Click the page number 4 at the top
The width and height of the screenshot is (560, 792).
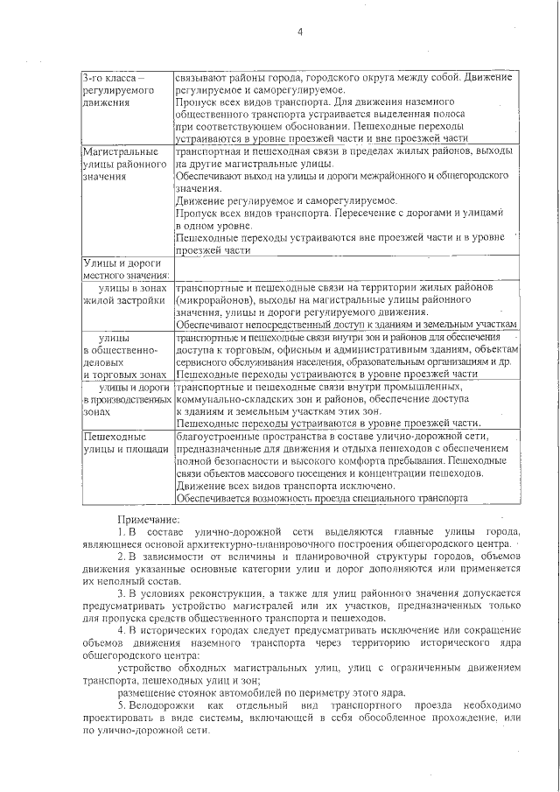click(299, 32)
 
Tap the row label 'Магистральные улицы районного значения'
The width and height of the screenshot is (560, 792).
click(122, 164)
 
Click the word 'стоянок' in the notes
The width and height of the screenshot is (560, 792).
click(180, 690)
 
